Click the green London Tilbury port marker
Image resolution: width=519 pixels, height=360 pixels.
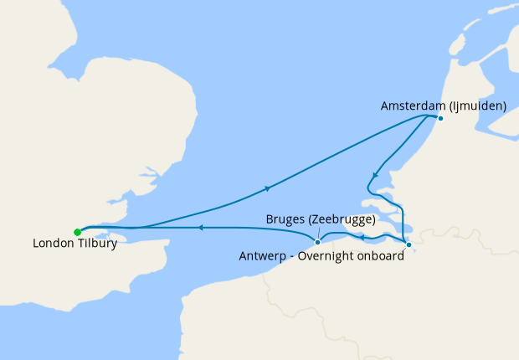[77, 232]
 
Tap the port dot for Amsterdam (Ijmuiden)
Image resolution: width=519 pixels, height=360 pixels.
[440, 118]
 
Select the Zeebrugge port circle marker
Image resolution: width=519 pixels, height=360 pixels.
[317, 242]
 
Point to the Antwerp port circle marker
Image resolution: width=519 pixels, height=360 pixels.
[408, 244]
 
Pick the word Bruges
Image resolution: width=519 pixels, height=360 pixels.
[285, 219]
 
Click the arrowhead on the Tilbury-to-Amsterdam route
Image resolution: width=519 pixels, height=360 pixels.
[268, 188]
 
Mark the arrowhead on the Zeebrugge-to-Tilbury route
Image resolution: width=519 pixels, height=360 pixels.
[200, 227]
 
